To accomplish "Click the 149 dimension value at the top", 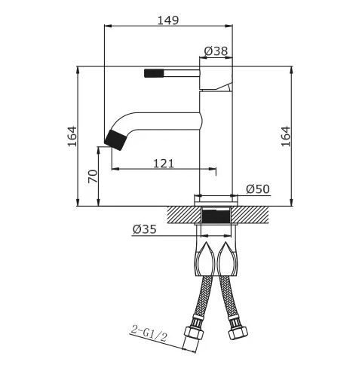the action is pyautogui.click(x=168, y=20).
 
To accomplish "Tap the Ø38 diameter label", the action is pyautogui.click(x=216, y=51).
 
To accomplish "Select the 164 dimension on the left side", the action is pyautogui.click(x=72, y=136).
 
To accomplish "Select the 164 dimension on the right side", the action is pyautogui.click(x=286, y=136).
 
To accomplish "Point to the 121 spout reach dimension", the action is pyautogui.click(x=164, y=164).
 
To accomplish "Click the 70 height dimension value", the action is pyautogui.click(x=93, y=176).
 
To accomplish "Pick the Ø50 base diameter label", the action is pyautogui.click(x=258, y=189).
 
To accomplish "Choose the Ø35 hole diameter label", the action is pyautogui.click(x=145, y=229).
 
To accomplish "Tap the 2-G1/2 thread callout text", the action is pyautogui.click(x=149, y=333).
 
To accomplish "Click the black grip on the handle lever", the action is pyautogui.click(x=154, y=73).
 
